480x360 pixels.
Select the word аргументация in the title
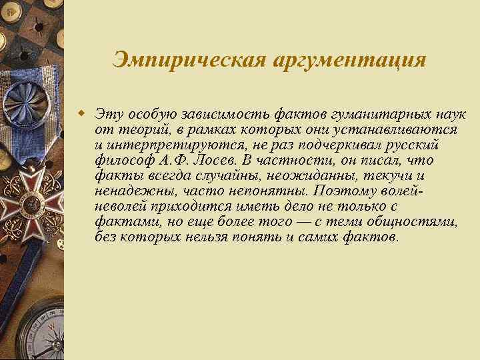[348, 59]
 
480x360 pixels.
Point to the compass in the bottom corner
[33, 333]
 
